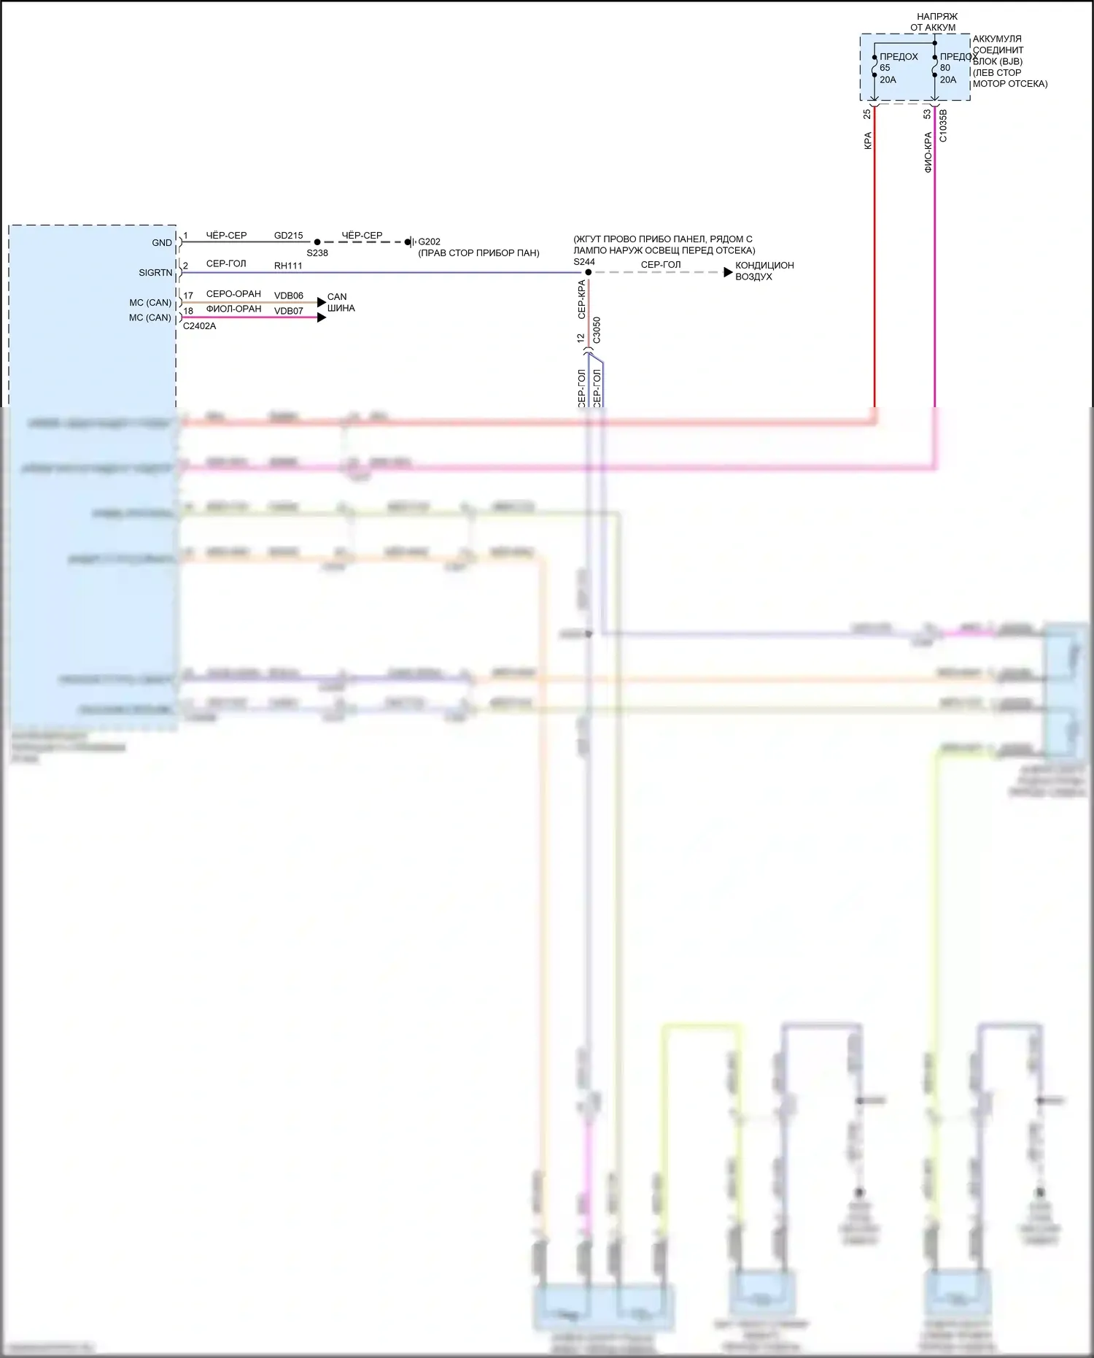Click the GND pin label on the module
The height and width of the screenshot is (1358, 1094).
(x=162, y=243)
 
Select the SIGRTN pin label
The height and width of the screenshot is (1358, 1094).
(x=155, y=273)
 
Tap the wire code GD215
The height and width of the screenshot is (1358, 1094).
(x=288, y=236)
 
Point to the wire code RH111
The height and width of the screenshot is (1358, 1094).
(x=288, y=266)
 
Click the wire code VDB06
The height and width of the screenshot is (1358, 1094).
(x=288, y=296)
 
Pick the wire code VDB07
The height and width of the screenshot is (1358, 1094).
(x=288, y=311)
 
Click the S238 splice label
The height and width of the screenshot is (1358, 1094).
(x=317, y=253)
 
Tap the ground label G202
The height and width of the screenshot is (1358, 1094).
(x=429, y=242)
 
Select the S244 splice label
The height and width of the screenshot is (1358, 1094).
(x=584, y=262)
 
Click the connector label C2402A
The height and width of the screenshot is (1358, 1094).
(x=199, y=326)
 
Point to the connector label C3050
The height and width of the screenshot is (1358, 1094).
(x=597, y=330)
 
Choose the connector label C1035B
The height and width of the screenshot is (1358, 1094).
(x=943, y=126)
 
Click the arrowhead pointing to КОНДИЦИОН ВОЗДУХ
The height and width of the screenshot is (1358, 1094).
(x=728, y=272)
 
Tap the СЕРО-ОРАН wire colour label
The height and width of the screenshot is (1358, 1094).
(x=233, y=294)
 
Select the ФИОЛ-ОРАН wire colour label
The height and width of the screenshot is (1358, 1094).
(x=233, y=309)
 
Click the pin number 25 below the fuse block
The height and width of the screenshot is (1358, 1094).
(x=867, y=115)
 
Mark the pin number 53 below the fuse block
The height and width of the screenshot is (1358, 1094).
(x=927, y=115)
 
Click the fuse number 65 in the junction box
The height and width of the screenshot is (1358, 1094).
(x=885, y=68)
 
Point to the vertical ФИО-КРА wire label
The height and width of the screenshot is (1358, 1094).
(x=928, y=152)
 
